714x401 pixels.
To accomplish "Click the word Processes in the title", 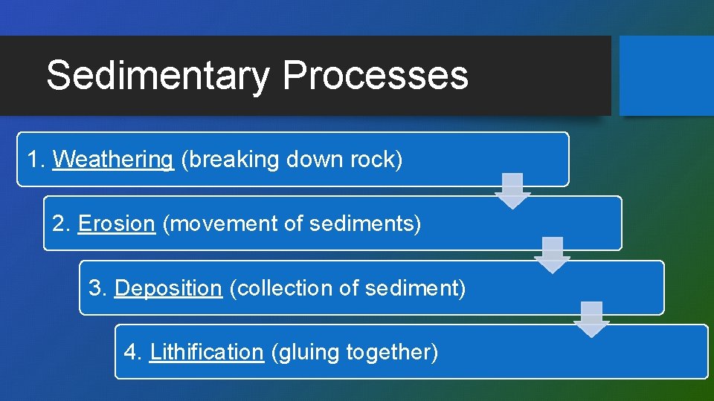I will click(x=375, y=76).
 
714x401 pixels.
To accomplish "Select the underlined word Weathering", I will click(x=113, y=160).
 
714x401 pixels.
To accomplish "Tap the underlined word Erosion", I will click(x=116, y=224).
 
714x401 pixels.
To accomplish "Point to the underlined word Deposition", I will click(x=168, y=288).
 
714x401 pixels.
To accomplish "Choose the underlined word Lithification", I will click(x=207, y=352).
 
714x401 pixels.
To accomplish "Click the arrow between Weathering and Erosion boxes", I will click(x=512, y=191).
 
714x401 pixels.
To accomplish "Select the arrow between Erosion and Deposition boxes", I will click(x=552, y=255).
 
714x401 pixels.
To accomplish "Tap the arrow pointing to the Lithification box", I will click(x=591, y=319).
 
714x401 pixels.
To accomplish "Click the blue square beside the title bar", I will click(x=666, y=76).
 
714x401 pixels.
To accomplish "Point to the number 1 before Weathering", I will click(x=32, y=160).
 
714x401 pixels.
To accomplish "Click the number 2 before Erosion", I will click(x=58, y=224).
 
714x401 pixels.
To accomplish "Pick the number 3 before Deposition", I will click(x=94, y=288).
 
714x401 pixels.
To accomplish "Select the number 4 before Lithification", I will click(x=130, y=352).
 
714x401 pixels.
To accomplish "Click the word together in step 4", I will click(x=391, y=352).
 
